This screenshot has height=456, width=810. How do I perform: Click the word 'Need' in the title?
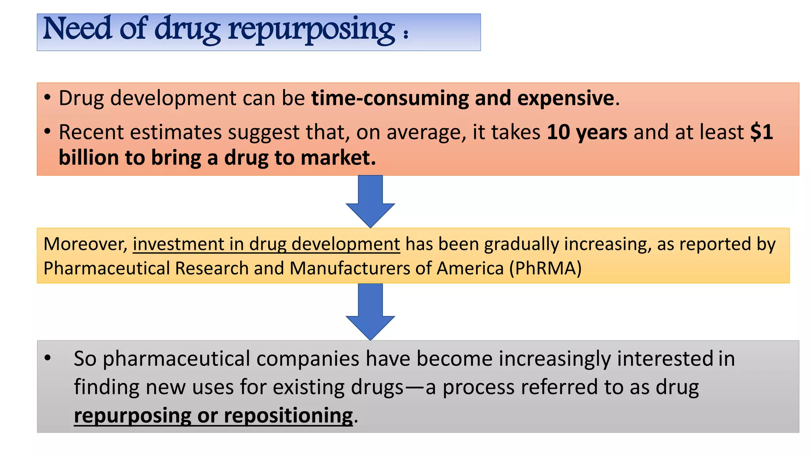[77, 29]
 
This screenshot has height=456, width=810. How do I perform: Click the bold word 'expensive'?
[566, 98]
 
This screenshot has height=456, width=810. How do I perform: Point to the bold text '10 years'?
[587, 132]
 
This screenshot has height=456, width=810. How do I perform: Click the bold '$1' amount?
[761, 132]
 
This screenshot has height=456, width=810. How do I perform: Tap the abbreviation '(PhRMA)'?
[545, 268]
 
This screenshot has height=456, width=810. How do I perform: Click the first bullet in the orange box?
[47, 97]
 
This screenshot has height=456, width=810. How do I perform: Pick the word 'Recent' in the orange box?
[91, 132]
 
